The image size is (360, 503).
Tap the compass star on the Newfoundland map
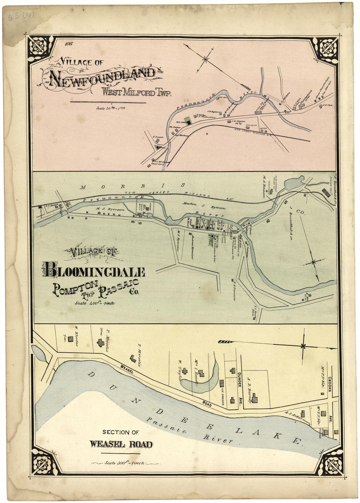pos(206,59)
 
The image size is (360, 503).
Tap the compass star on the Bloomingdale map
pos(314,262)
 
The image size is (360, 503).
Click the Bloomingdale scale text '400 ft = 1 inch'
pos(94,303)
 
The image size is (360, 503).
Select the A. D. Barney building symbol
pos(255,399)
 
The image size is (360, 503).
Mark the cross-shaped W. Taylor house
pos(185,371)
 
